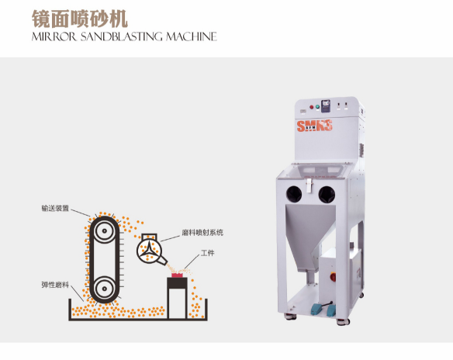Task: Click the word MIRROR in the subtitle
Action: (x=52, y=36)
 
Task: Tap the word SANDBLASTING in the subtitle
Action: (x=116, y=36)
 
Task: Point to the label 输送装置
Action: (x=56, y=209)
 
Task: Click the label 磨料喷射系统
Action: (x=202, y=232)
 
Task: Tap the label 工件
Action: (x=207, y=253)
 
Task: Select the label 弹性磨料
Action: (x=56, y=284)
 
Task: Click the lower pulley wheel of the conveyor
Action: (x=102, y=289)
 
